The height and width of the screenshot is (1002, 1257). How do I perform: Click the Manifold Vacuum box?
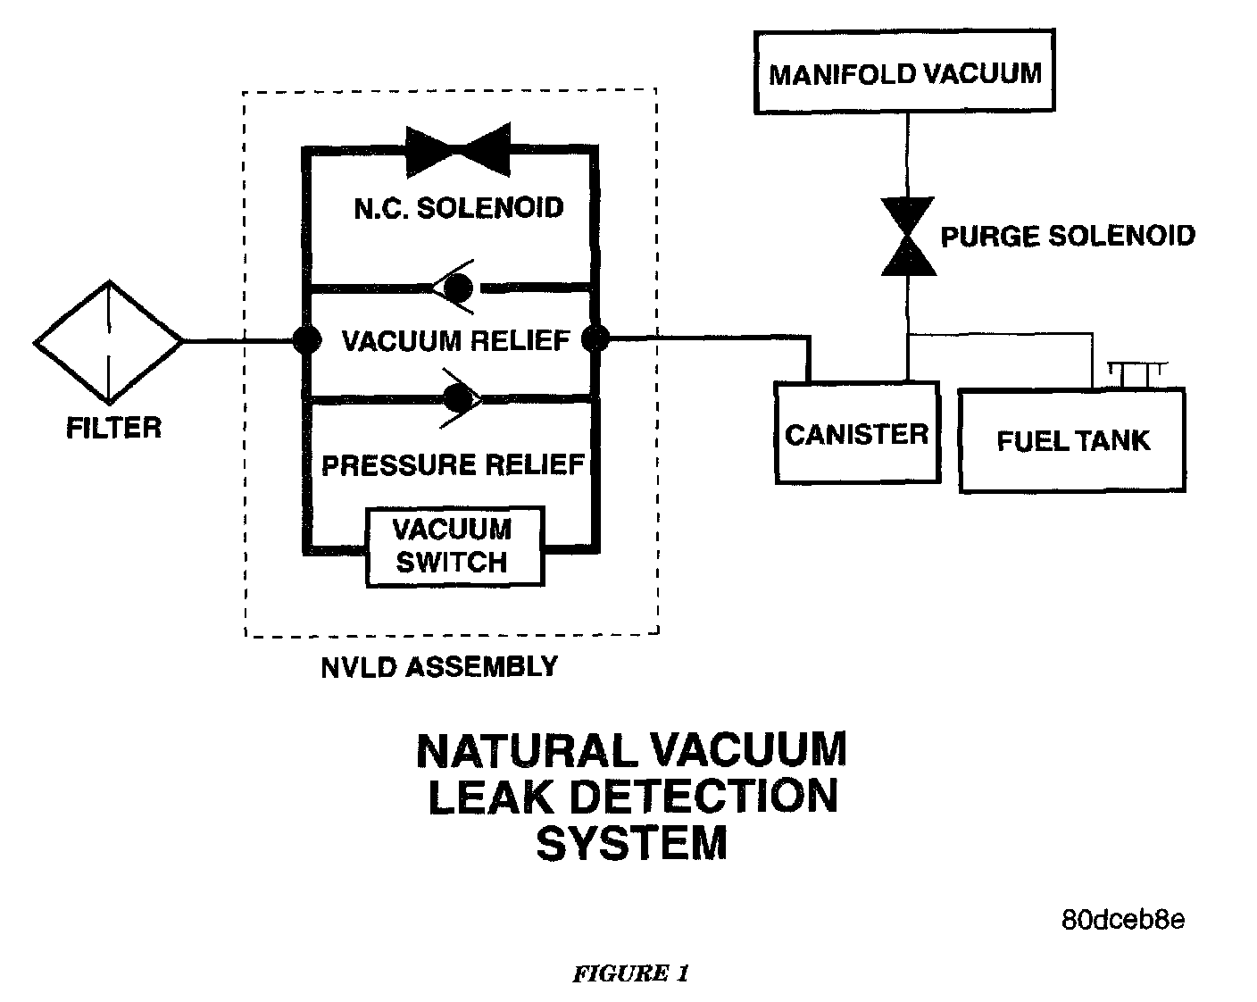(904, 72)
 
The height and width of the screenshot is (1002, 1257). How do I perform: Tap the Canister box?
(857, 433)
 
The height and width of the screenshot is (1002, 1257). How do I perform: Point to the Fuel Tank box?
(1072, 439)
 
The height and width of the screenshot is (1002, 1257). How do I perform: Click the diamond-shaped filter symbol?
(109, 341)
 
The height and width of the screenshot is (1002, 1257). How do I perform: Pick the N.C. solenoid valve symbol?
(457, 149)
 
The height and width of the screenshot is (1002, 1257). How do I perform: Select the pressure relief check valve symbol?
(461, 397)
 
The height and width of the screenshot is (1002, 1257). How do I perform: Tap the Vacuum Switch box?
(454, 547)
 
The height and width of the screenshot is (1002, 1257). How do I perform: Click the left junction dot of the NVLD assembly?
(306, 340)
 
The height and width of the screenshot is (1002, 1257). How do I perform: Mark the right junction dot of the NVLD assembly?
(595, 339)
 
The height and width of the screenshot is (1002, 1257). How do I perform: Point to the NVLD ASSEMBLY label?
(439, 666)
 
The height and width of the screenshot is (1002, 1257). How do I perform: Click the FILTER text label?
(114, 428)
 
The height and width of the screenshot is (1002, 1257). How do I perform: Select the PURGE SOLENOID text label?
(1068, 236)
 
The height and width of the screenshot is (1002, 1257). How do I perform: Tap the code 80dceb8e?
(1122, 920)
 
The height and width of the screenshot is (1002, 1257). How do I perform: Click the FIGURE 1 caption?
(630, 973)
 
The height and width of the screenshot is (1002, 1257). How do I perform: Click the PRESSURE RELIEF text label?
(453, 465)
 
